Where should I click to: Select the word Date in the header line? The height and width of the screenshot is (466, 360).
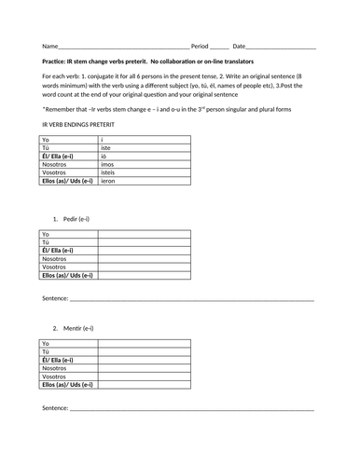pyautogui.click(x=240, y=46)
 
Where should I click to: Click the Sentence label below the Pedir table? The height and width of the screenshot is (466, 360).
pyautogui.click(x=55, y=298)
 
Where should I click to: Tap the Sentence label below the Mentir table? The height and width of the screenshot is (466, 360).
pyautogui.click(x=55, y=408)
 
